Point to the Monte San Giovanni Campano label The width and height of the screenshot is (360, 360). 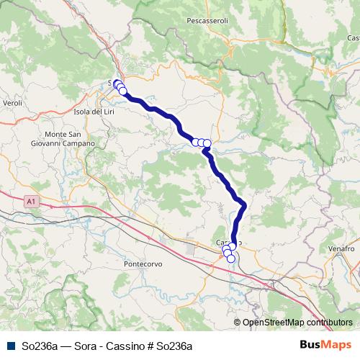pyautogui.click(x=70, y=139)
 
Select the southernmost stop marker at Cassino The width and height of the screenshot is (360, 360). pyautogui.click(x=231, y=259)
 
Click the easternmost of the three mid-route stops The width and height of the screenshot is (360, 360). pyautogui.click(x=207, y=143)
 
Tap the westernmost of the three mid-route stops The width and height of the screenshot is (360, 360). pyautogui.click(x=195, y=142)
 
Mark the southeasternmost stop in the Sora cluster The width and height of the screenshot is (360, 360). pyautogui.click(x=123, y=91)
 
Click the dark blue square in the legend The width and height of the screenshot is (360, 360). pyautogui.click(x=9, y=346)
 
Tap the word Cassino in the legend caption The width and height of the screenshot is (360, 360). pyautogui.click(x=132, y=346)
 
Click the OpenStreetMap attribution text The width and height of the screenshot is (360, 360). pyautogui.click(x=297, y=323)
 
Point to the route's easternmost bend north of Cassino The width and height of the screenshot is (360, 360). pyautogui.click(x=244, y=206)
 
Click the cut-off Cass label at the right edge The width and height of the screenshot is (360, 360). pyautogui.click(x=353, y=37)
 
